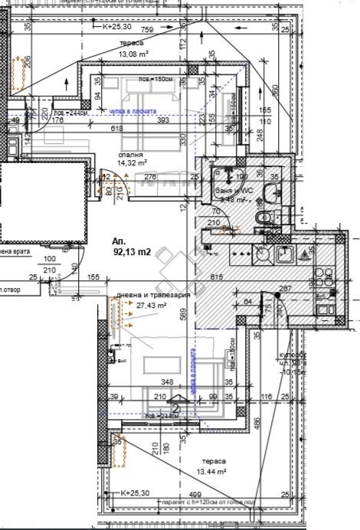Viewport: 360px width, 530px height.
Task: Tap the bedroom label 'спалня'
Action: click(130, 155)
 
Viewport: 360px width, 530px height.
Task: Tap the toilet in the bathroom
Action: click(265, 220)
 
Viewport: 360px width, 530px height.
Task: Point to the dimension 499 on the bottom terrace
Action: click(195, 495)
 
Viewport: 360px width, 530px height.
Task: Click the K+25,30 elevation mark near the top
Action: click(116, 25)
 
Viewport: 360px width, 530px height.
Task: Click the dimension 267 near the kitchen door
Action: click(286, 289)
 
